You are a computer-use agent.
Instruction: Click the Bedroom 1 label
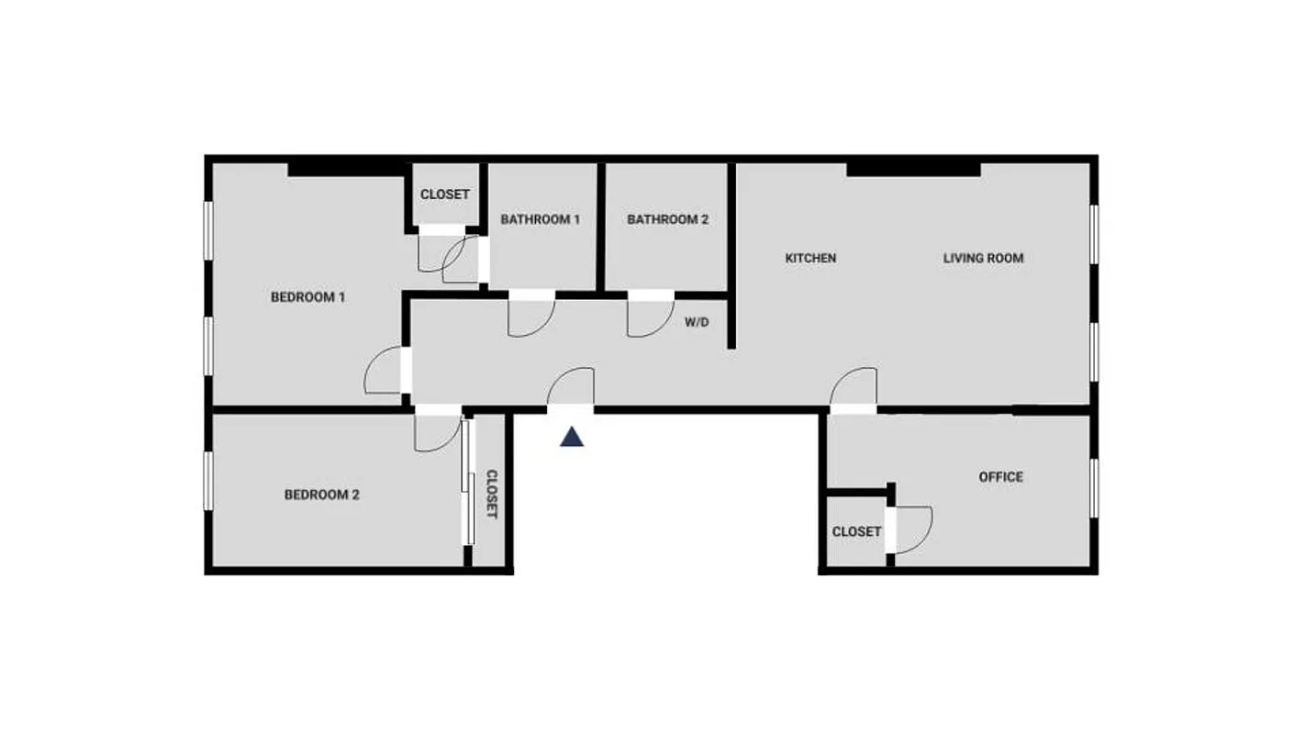(307, 297)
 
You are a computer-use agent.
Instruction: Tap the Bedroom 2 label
(321, 495)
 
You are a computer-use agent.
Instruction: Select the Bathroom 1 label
(540, 219)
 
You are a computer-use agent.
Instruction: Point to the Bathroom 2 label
(667, 219)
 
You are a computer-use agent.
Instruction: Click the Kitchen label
(810, 258)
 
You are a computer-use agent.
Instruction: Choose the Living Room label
(983, 258)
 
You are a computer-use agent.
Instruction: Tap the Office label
(1000, 476)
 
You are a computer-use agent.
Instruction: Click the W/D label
(697, 322)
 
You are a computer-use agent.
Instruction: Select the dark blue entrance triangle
(572, 437)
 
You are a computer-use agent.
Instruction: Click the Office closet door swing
(911, 530)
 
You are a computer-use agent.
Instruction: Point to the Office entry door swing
(854, 387)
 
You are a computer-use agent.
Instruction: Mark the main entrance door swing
(572, 387)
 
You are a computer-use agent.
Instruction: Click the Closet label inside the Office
(856, 531)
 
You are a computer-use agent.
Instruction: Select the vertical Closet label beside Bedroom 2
(491, 495)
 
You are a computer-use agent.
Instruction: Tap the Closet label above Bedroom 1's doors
(444, 195)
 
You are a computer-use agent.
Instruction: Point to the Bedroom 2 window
(208, 482)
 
